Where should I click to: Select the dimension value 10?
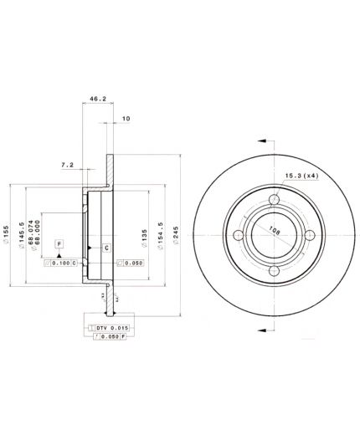pos(126,119)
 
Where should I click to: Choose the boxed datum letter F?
pos(59,243)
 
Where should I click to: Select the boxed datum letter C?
pos(106,248)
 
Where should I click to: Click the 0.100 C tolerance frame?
pos(61,263)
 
